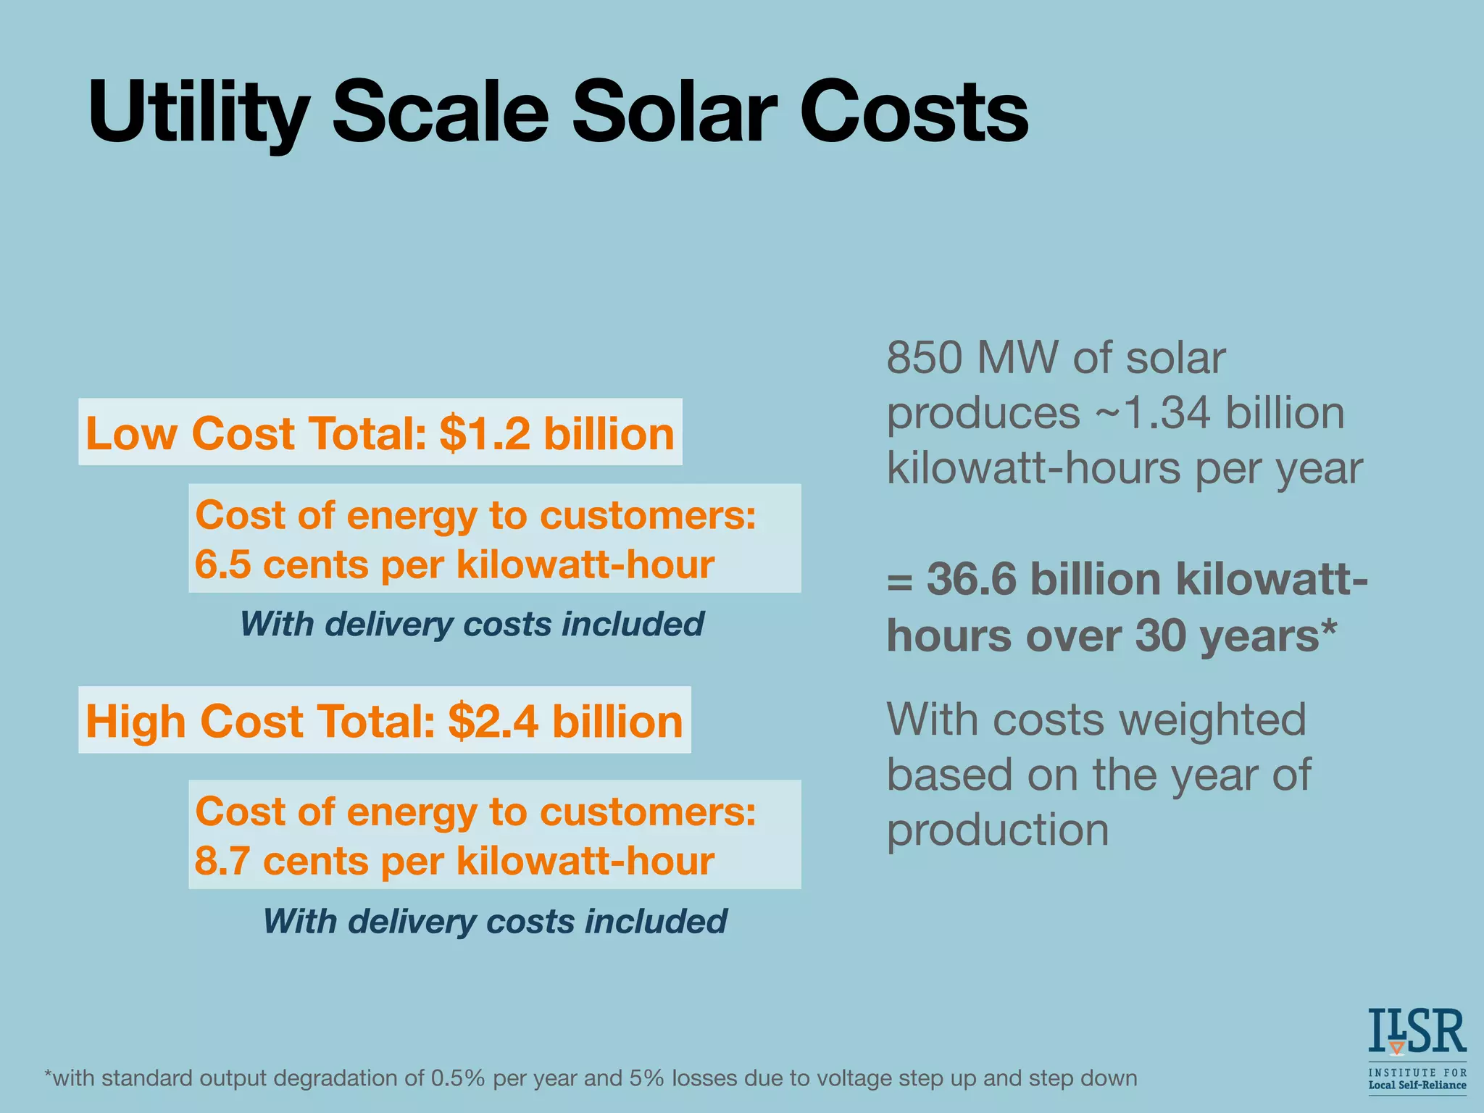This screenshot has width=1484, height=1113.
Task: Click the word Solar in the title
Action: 674,112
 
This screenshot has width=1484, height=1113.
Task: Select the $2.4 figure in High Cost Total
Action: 493,722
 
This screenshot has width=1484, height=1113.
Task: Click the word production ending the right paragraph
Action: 998,830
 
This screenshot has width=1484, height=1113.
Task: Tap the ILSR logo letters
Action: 1417,1031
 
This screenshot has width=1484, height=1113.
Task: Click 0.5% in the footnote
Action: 458,1078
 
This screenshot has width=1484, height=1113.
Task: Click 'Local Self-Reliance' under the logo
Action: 1417,1085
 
